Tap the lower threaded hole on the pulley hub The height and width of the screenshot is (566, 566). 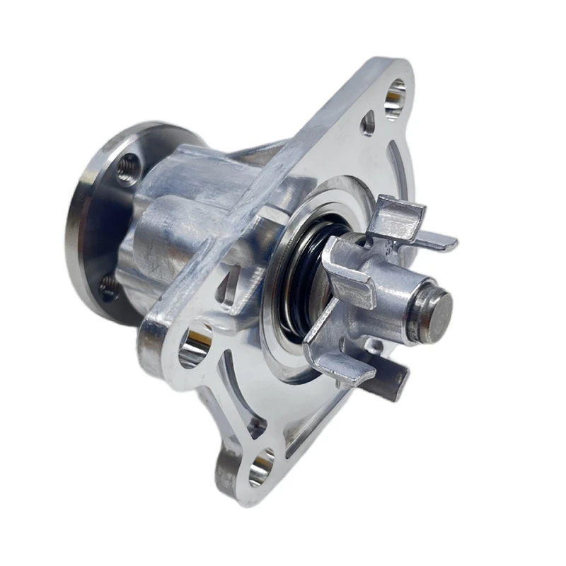coord(109,286)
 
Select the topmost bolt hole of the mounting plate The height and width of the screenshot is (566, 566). coord(394,98)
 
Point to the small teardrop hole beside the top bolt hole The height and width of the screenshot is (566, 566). coord(368,124)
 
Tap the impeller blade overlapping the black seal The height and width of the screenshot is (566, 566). coord(347,269)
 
